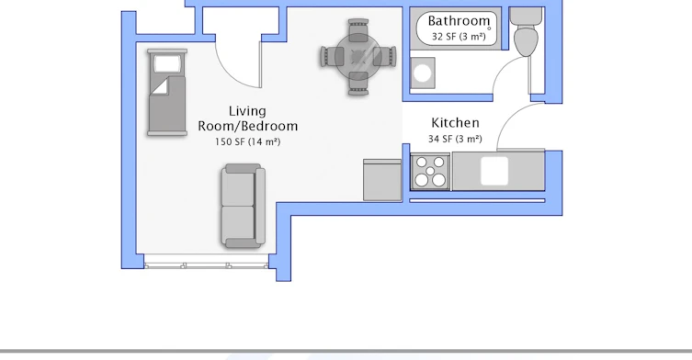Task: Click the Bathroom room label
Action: coord(459,21)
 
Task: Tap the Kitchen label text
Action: coord(455,123)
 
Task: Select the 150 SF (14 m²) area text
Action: coord(247,141)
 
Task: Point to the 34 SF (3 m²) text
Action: coord(455,139)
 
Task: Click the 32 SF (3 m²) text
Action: coord(459,37)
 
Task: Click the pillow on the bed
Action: coord(167,64)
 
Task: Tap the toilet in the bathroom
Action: coord(526,32)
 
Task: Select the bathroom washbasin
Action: coord(423,73)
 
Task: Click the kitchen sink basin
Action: coord(494,171)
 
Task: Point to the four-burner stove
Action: coord(430,172)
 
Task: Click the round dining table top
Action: coord(358,57)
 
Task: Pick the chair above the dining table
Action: coord(358,29)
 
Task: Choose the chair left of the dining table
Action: coord(331,57)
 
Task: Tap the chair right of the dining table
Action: coord(385,57)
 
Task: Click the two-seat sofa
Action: coord(243,206)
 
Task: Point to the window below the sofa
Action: coord(206,265)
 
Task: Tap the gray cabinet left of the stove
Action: coord(382,180)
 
